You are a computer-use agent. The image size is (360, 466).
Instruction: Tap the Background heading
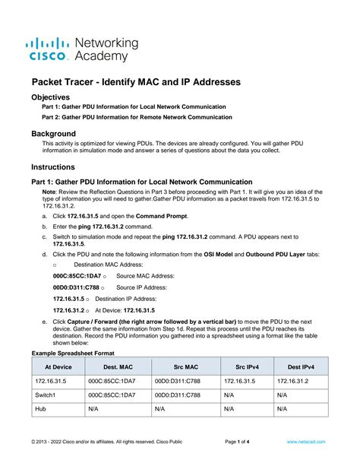pos(59,133)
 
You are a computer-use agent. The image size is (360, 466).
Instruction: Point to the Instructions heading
pos(61,166)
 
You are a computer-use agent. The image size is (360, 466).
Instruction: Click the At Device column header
pos(58,366)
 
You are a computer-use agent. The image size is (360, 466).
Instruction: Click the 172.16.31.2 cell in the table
pos(293,380)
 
